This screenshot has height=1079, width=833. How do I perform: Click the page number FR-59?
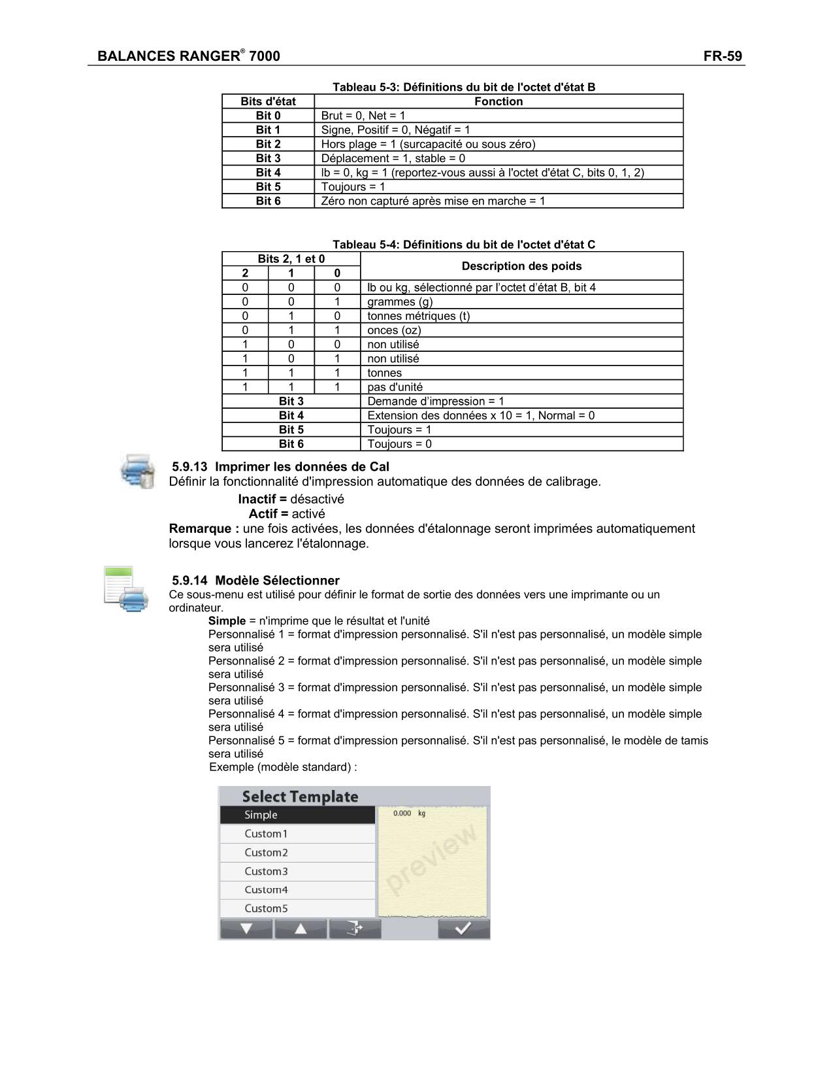[x=723, y=56]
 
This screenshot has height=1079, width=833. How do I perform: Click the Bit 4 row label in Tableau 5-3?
[x=268, y=173]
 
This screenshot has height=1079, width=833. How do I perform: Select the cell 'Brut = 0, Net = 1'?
[x=363, y=116]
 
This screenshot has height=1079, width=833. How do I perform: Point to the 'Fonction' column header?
[x=498, y=101]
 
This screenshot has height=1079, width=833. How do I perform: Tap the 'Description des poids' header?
[x=521, y=266]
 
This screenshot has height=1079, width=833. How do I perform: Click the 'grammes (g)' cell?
[x=400, y=301]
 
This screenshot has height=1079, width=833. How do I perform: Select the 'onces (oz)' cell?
[x=394, y=330]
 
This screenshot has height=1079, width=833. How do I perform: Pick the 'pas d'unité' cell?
[x=395, y=387]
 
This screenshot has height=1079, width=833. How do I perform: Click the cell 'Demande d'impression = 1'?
[x=436, y=402]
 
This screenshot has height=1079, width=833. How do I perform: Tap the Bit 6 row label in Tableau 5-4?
[x=291, y=444]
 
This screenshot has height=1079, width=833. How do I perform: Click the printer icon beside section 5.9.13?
[x=137, y=470]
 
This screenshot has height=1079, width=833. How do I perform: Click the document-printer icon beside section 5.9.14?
[x=126, y=589]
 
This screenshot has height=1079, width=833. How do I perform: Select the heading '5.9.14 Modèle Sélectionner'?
[x=255, y=581]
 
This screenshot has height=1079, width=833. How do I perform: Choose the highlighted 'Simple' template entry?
[x=297, y=815]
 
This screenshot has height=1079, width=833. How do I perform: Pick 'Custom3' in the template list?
[x=297, y=871]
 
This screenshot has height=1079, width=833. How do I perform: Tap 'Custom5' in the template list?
[x=297, y=908]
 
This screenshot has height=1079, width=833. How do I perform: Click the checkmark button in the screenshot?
[x=463, y=929]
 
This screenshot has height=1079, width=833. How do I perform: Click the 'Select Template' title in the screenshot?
[x=300, y=796]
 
